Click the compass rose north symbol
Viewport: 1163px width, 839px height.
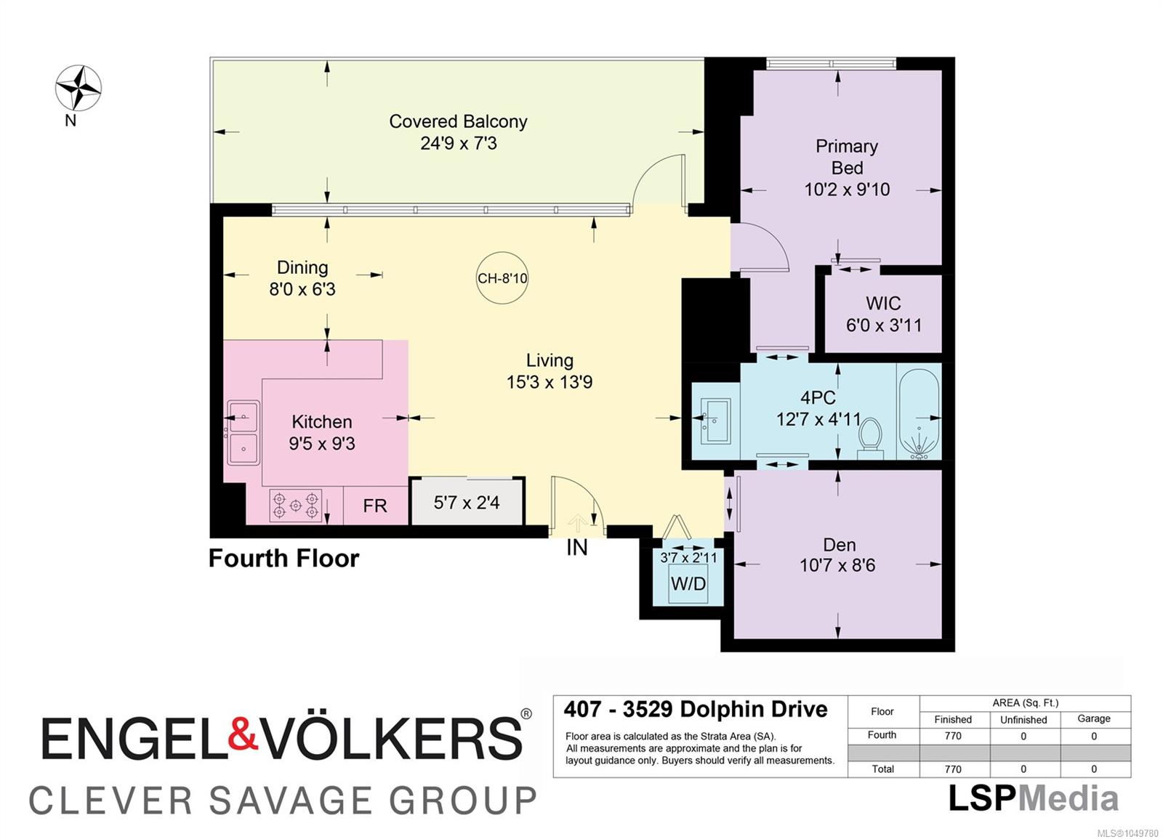(79, 88)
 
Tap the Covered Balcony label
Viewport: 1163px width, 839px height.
(458, 121)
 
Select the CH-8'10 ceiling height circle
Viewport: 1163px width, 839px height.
(502, 278)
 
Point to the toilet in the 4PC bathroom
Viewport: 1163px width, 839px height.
(870, 438)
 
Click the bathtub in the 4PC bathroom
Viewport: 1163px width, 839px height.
(919, 414)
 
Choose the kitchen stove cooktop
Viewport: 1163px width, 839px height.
(295, 505)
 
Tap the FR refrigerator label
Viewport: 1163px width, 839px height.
(375, 506)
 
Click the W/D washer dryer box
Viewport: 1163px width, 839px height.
(688, 584)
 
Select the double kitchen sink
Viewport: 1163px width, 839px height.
(244, 433)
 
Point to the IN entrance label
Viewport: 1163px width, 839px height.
(577, 548)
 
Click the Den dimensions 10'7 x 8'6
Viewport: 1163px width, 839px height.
(837, 565)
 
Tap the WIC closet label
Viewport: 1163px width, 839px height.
(883, 304)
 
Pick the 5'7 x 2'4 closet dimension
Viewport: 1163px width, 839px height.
(466, 502)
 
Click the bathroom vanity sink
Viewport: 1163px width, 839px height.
(715, 421)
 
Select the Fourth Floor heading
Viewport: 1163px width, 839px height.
(283, 559)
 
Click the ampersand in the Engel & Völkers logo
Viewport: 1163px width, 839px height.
(243, 733)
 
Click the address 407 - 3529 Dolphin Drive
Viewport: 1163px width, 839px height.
(696, 709)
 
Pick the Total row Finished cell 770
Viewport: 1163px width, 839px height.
(953, 769)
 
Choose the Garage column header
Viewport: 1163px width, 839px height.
(1093, 718)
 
